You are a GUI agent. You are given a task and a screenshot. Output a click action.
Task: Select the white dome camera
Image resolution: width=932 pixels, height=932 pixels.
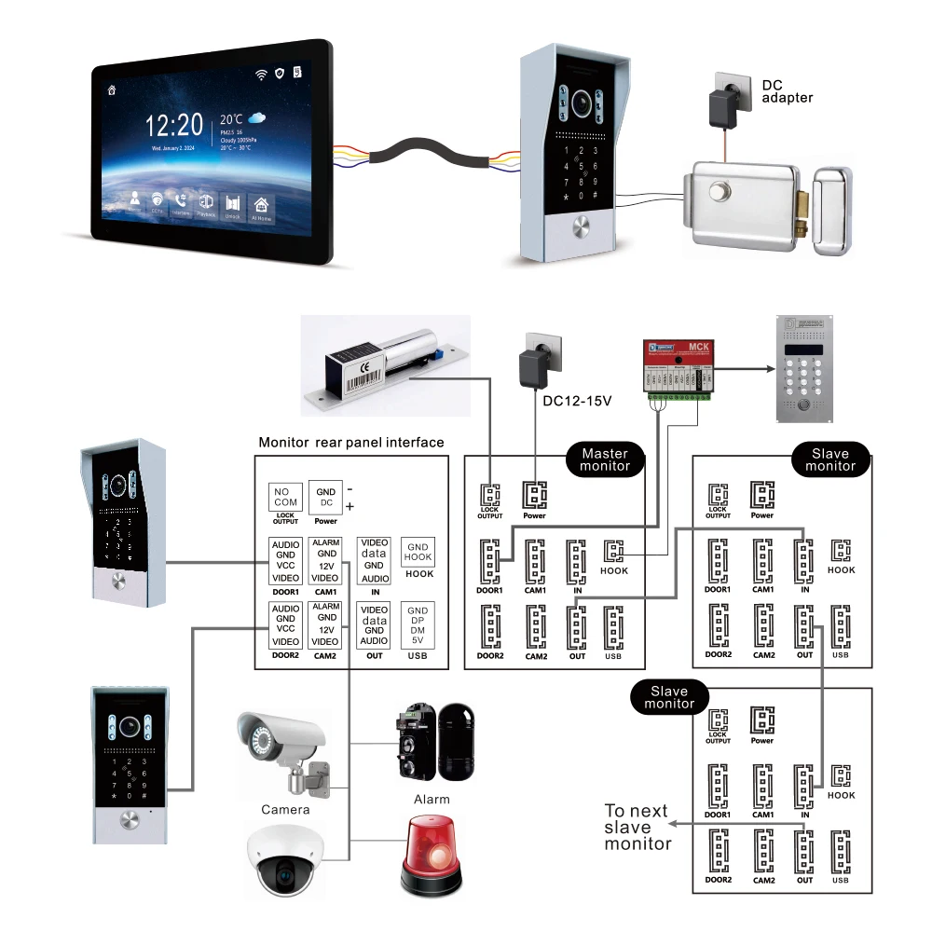285,861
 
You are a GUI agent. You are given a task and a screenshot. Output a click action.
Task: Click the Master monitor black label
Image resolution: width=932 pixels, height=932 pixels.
605,459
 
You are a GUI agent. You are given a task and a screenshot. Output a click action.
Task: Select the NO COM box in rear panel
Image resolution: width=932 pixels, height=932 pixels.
284,497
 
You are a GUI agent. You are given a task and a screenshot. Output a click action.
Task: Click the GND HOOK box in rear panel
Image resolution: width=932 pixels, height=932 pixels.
418,551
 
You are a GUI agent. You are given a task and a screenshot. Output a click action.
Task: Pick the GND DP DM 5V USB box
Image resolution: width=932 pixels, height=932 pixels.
418,624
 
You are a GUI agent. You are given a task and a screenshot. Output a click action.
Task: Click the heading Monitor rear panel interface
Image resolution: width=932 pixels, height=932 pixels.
350,442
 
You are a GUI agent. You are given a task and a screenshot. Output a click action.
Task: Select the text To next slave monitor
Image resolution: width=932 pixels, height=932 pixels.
637,827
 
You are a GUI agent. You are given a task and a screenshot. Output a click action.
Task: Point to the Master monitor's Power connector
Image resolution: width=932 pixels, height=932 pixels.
534,495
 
